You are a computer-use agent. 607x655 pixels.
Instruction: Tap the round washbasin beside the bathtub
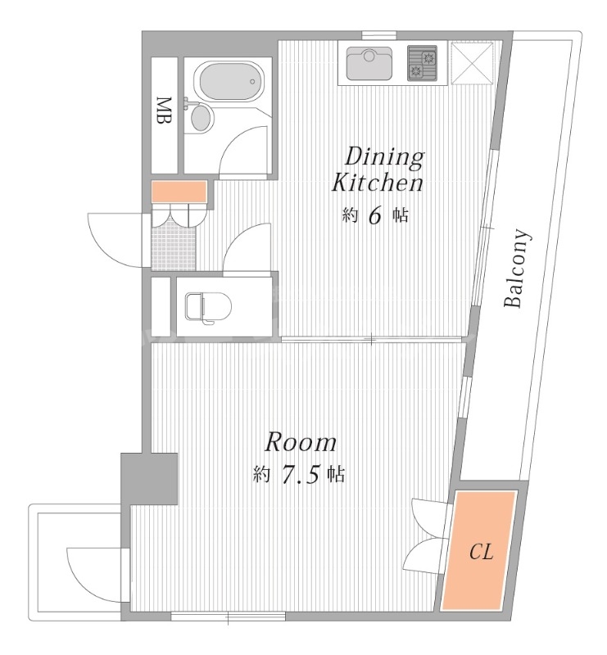tap(202, 117)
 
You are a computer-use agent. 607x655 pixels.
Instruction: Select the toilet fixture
tap(208, 308)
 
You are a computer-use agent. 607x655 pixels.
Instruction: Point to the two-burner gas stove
tap(422, 63)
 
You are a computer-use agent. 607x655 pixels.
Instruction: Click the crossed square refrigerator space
tap(473, 63)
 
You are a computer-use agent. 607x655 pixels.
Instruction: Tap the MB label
tap(165, 111)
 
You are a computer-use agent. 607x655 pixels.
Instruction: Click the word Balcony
tap(517, 268)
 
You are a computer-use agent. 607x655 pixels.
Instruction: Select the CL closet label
tap(481, 552)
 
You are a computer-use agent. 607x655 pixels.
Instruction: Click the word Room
tap(301, 442)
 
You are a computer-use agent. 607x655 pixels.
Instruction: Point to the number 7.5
tap(300, 475)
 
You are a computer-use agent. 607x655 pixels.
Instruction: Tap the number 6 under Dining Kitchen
tap(374, 215)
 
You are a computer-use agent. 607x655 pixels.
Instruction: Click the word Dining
tap(384, 158)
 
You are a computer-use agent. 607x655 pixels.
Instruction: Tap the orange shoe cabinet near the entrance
tap(179, 192)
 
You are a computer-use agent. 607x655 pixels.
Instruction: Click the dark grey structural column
tap(149, 478)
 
